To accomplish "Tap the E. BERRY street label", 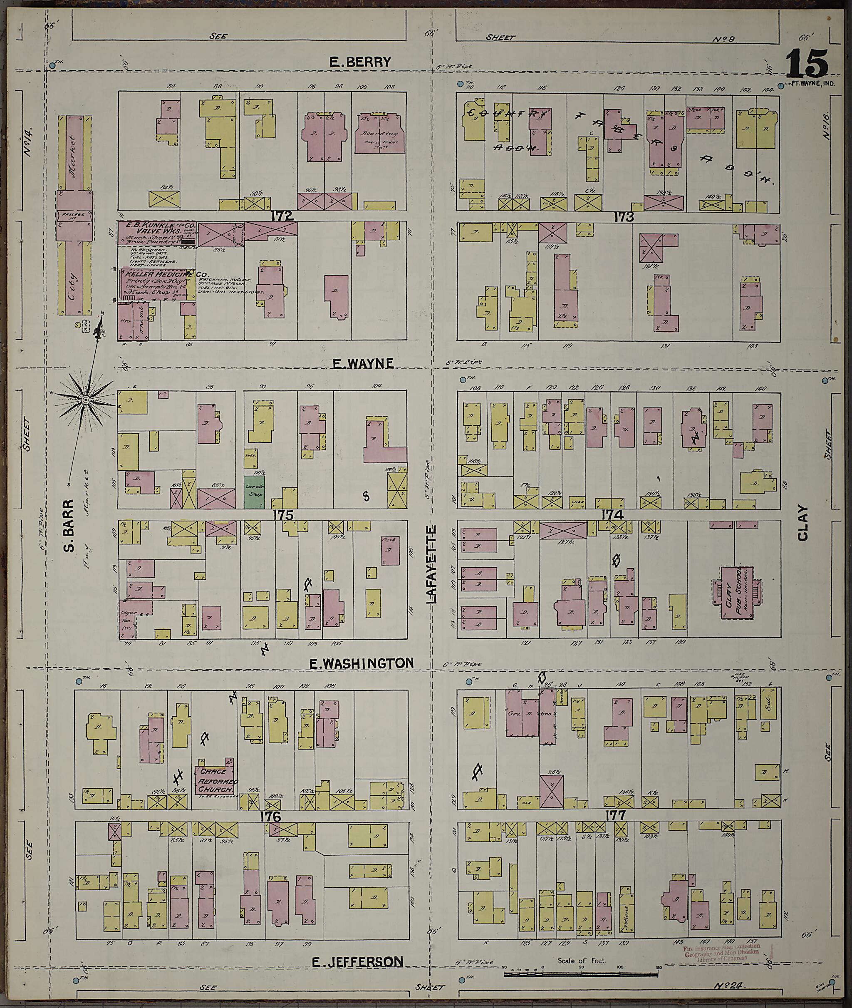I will (x=360, y=62).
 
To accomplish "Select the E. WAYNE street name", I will (x=363, y=364).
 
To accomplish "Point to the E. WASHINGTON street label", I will (x=361, y=663).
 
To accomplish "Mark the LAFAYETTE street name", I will (x=431, y=564).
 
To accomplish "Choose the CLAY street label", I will (x=803, y=523).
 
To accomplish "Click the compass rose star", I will (x=85, y=400).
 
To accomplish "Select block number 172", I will (x=282, y=216).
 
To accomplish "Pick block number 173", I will (x=624, y=217).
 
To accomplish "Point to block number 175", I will (x=283, y=515).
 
